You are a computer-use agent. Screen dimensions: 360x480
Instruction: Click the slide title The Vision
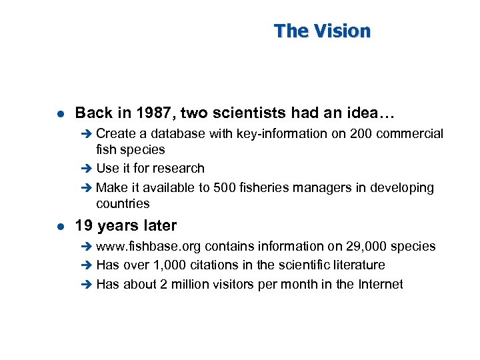pos(322,31)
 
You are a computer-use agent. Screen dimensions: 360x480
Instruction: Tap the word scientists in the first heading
pos(255,113)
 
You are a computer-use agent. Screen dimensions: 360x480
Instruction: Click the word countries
pos(123,203)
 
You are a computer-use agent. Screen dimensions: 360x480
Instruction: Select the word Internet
pos(380,284)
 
